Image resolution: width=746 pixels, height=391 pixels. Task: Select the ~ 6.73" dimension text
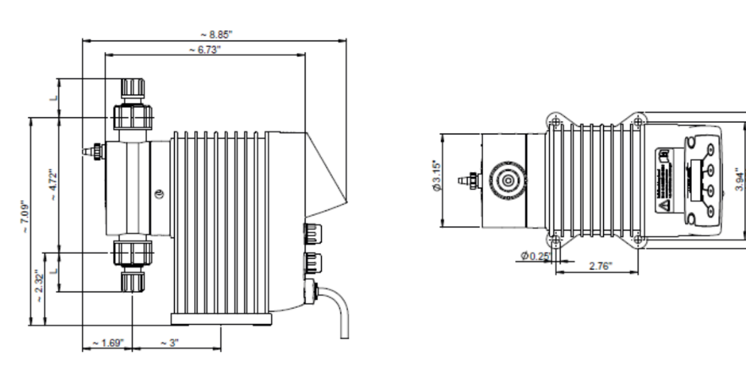click(x=205, y=49)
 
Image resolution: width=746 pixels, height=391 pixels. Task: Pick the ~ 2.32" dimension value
click(x=41, y=291)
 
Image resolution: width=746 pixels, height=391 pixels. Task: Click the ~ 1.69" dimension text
click(x=107, y=343)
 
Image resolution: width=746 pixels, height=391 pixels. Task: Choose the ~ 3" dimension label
click(x=169, y=343)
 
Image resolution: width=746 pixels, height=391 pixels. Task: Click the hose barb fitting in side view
click(x=92, y=151)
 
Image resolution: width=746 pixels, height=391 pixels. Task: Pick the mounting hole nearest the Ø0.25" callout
click(x=556, y=240)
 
